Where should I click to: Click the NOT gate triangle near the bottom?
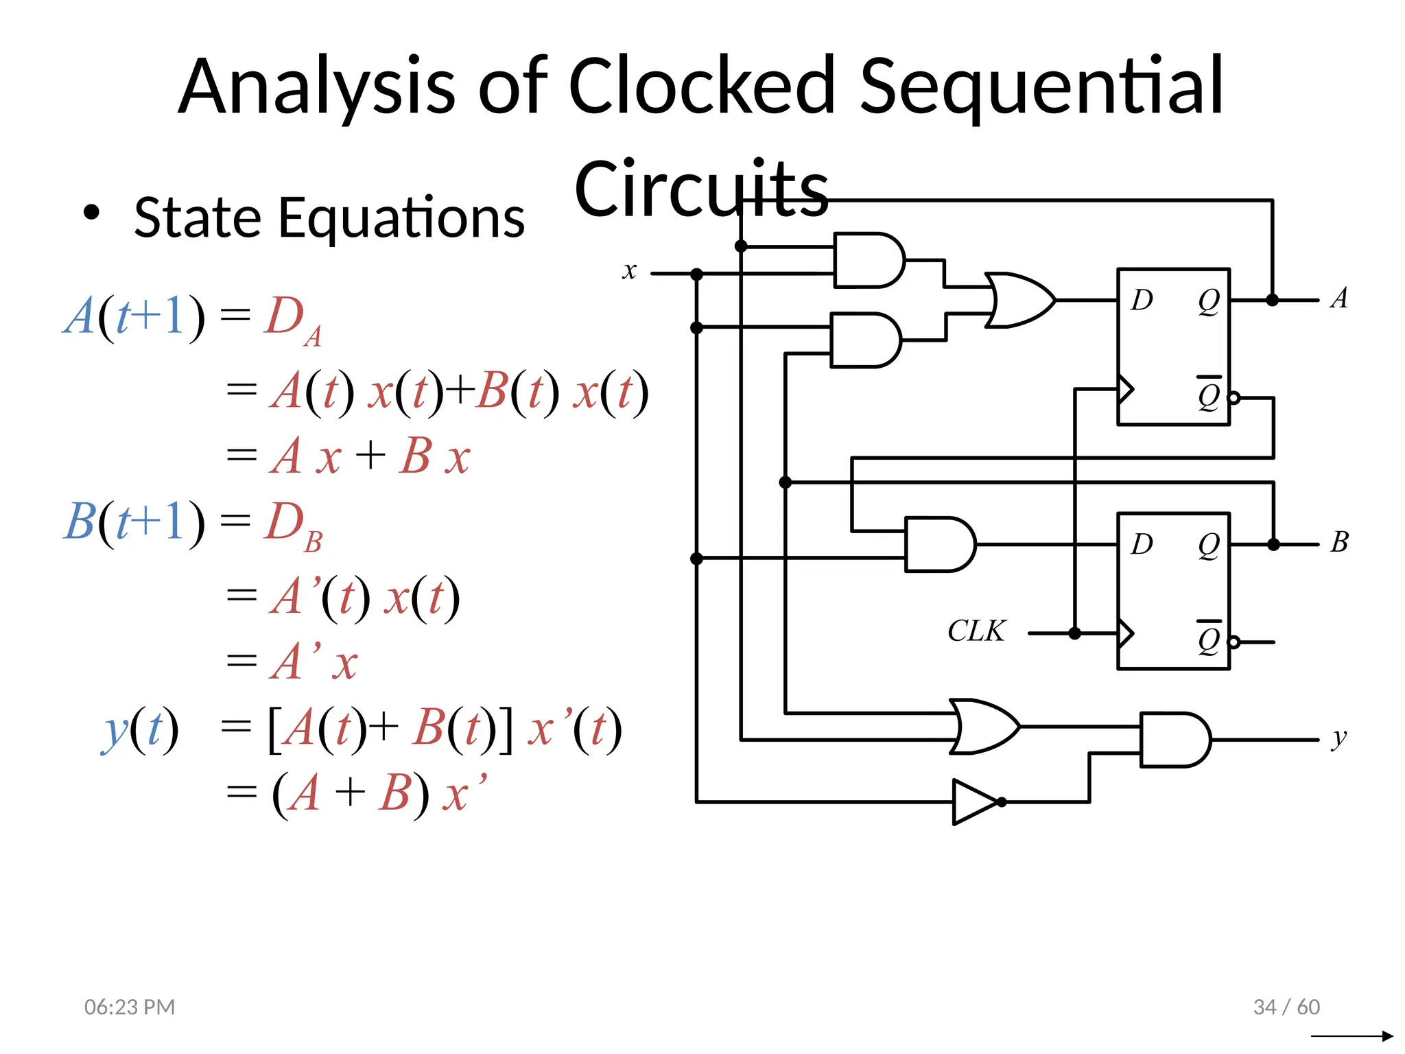click(x=974, y=801)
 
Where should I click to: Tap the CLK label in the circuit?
click(x=976, y=631)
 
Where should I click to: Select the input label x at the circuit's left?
click(x=629, y=271)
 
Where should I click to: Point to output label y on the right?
click(x=1339, y=739)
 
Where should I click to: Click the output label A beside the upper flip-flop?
click(x=1339, y=298)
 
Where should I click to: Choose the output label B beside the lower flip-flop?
click(x=1339, y=542)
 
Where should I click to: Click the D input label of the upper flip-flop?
click(x=1142, y=300)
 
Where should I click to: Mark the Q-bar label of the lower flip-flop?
click(x=1209, y=638)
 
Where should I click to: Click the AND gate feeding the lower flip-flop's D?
click(x=938, y=544)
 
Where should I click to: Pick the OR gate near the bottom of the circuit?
click(x=984, y=727)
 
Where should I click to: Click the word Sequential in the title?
click(x=1041, y=86)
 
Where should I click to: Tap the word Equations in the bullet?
click(x=401, y=218)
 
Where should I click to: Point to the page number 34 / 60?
click(x=1286, y=1007)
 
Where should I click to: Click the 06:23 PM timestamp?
click(x=130, y=1007)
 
